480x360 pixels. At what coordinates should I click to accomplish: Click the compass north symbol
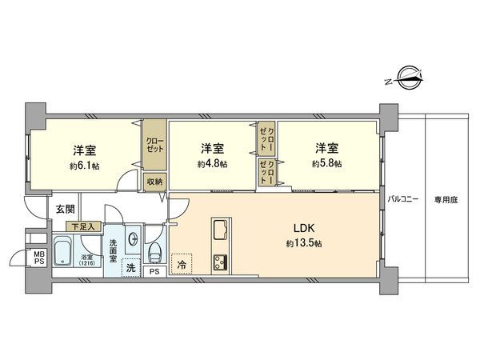point(407,78)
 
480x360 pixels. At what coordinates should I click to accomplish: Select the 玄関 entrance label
point(65,210)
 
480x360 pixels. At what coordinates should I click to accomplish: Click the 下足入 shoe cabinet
point(82,227)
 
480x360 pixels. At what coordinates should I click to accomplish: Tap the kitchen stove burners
point(219,262)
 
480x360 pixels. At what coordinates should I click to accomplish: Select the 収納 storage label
point(154,181)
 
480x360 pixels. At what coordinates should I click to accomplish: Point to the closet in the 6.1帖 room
point(154,145)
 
